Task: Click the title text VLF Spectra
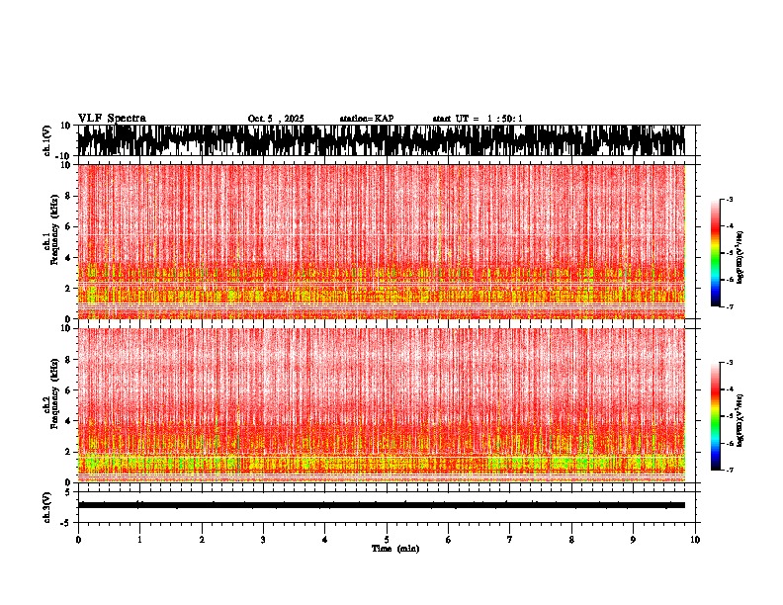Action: [x=112, y=119]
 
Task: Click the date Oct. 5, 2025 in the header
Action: [x=276, y=119]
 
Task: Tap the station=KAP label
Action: [x=367, y=119]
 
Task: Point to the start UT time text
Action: [x=478, y=119]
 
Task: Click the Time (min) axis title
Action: [x=394, y=548]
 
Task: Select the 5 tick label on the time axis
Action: [x=387, y=539]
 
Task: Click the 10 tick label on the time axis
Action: [x=695, y=539]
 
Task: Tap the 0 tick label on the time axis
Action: [x=78, y=539]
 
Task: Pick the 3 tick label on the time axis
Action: [x=263, y=539]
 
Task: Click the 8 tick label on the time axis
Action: [x=571, y=539]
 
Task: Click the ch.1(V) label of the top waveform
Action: [x=48, y=141]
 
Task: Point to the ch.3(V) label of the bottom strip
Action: [x=48, y=504]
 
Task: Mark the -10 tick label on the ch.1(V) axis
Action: [x=64, y=156]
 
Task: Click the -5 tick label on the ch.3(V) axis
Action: [x=66, y=520]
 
